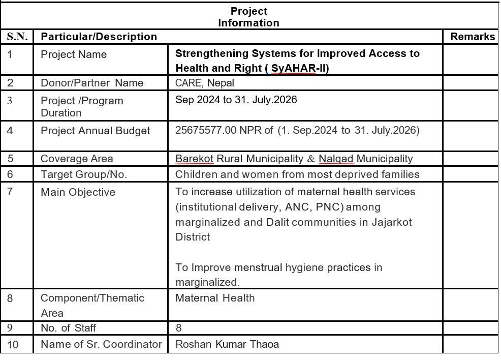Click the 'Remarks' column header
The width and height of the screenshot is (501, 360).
(x=472, y=37)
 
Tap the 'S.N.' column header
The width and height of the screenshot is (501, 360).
(x=17, y=37)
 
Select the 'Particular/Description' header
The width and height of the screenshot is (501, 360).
(x=99, y=37)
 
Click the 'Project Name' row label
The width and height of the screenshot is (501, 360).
(x=74, y=54)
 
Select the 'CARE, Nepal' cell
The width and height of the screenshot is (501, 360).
(x=205, y=83)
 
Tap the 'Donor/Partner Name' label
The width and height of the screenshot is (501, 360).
(x=92, y=83)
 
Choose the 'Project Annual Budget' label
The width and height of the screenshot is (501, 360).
(x=95, y=131)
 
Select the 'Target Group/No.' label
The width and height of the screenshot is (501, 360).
(x=84, y=174)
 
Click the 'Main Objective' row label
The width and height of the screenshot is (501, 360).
(x=78, y=192)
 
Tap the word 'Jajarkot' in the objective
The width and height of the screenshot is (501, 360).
(x=392, y=222)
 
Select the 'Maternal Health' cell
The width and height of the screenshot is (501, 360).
(x=215, y=298)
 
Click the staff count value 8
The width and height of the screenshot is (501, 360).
(x=178, y=328)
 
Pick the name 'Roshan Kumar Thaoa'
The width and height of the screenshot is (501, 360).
(x=227, y=344)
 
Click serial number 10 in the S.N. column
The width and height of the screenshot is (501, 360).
(x=13, y=345)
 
